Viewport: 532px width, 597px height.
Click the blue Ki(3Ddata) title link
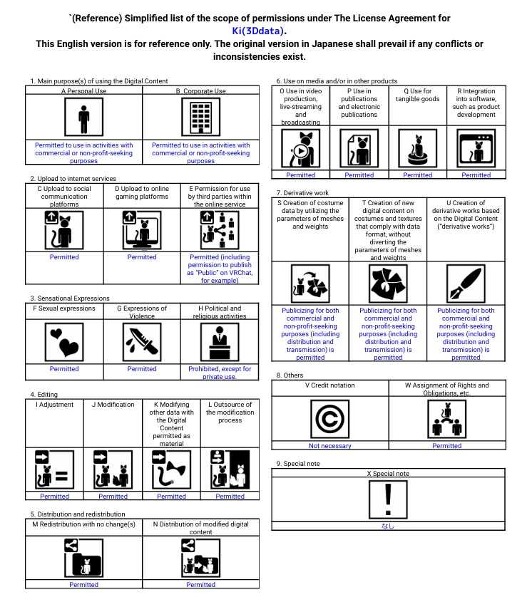click(259, 31)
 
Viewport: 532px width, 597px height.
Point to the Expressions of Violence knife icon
click(142, 343)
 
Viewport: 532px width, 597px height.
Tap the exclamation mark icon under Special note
click(388, 499)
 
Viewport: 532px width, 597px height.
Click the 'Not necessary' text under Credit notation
click(329, 446)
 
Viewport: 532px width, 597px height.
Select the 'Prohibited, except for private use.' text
click(220, 373)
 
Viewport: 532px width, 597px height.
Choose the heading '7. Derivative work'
click(302, 193)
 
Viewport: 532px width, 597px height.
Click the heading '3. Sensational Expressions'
click(70, 298)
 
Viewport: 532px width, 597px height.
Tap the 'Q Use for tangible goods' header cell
click(417, 95)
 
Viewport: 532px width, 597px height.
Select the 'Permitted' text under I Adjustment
click(54, 497)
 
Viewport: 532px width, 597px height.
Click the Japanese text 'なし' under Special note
click(388, 526)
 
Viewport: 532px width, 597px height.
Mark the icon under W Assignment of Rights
click(446, 419)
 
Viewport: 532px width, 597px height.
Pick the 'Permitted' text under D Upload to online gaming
click(142, 257)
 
